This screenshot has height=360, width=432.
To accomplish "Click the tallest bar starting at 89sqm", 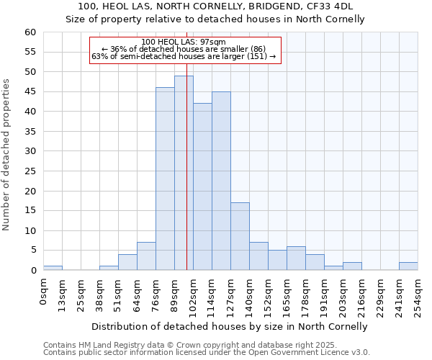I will coord(184,173).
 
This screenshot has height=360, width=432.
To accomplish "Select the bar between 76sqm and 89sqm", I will coord(165,179).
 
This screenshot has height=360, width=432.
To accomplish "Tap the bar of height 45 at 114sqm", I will coord(221,181).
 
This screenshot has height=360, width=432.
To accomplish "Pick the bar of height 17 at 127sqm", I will coord(240,236).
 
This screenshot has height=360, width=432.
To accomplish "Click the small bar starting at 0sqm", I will coord(53,268).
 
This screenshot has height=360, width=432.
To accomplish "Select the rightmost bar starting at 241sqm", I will coord(408,266).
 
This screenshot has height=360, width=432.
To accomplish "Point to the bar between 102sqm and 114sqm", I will coord(202,186).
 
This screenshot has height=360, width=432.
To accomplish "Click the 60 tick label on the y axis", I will coord(30,32).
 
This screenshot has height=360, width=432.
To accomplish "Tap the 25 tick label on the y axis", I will coord(30,171).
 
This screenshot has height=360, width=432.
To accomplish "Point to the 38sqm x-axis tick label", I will coord(99,294).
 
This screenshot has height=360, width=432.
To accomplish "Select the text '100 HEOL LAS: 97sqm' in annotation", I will coord(184,42).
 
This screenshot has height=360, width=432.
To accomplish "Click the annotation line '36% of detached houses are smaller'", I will coord(184,49).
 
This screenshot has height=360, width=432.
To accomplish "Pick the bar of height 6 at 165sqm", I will coord(296,258).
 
